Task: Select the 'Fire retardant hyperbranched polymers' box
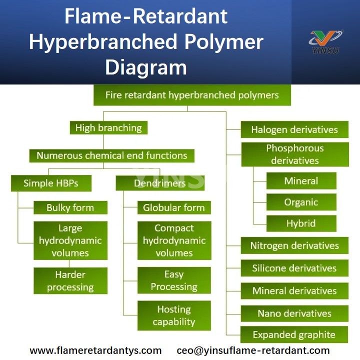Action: [x=192, y=95]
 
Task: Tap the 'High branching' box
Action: [x=108, y=128]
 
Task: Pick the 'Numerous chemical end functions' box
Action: [x=111, y=155]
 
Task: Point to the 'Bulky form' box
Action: [x=70, y=207]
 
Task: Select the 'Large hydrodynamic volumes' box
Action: [x=70, y=240]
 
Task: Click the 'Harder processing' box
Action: [x=70, y=281]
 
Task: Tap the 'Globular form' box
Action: [x=174, y=207]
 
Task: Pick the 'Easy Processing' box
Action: [x=174, y=280]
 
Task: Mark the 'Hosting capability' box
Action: [x=174, y=315]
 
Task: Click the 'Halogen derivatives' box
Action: [x=294, y=129]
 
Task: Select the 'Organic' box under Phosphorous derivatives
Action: [x=301, y=202]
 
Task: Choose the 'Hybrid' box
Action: [x=301, y=223]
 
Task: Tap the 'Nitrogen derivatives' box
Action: [x=294, y=245]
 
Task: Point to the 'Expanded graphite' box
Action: [x=294, y=334]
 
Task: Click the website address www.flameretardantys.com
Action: [x=95, y=350]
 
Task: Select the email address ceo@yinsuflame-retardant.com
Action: [x=253, y=350]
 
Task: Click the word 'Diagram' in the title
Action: [x=146, y=67]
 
